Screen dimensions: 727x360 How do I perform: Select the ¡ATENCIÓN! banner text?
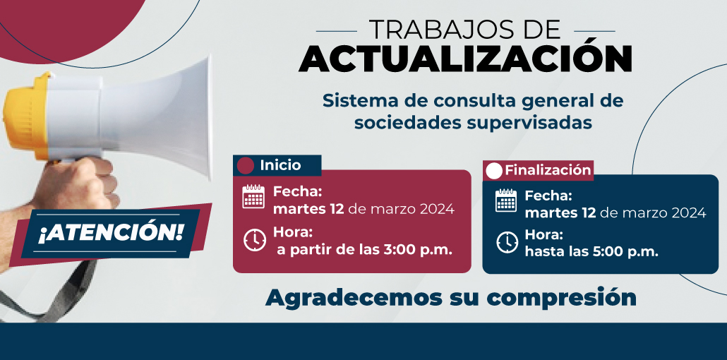(x=110, y=233)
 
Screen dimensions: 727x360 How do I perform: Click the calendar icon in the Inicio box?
(x=253, y=196)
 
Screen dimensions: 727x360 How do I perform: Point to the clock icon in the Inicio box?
(x=255, y=240)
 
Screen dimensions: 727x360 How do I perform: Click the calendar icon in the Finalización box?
(x=506, y=200)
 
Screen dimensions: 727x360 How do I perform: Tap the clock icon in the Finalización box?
(x=507, y=241)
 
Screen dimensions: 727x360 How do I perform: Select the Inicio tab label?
(x=280, y=165)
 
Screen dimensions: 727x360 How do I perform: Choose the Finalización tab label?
(x=548, y=170)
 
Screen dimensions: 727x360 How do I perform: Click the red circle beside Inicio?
(x=245, y=166)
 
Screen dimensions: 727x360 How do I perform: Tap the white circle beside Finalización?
(x=494, y=171)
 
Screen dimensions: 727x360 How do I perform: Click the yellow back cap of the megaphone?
(x=26, y=116)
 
